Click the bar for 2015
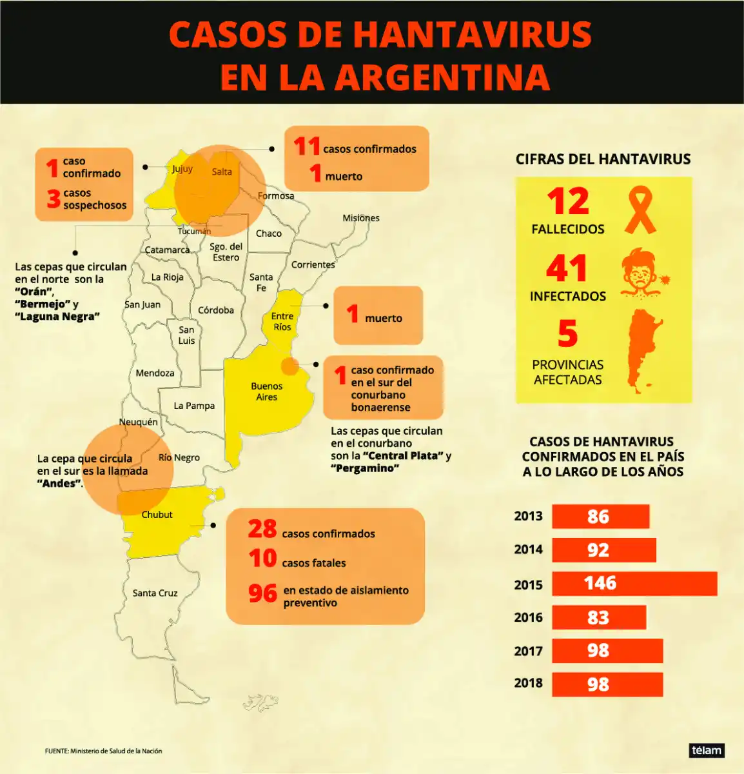click(x=634, y=584)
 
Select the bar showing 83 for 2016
click(x=599, y=617)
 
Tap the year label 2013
click(x=528, y=516)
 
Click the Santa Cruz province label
click(x=155, y=593)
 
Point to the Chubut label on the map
click(x=157, y=515)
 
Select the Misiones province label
click(x=361, y=218)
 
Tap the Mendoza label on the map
click(x=155, y=373)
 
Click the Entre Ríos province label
click(x=282, y=321)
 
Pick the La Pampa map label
click(x=194, y=406)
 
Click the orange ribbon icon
click(x=640, y=210)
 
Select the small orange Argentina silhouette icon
click(x=644, y=350)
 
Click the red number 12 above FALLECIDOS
click(x=568, y=201)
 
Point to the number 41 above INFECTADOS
click(x=567, y=268)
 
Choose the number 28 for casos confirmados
click(x=262, y=529)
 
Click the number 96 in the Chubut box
click(x=262, y=593)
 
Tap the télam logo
click(x=707, y=750)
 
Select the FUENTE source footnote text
click(x=103, y=751)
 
